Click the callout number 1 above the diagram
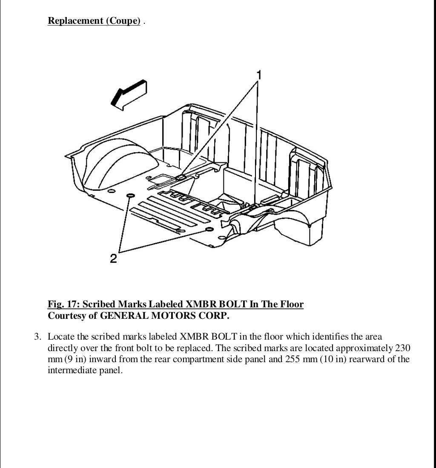258,75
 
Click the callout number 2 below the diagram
114,258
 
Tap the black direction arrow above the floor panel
129,95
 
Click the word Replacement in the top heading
75,20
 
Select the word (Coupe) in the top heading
123,20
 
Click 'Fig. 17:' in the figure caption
64,304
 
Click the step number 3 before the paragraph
37,337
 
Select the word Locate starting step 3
61,337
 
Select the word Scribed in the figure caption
99,304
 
